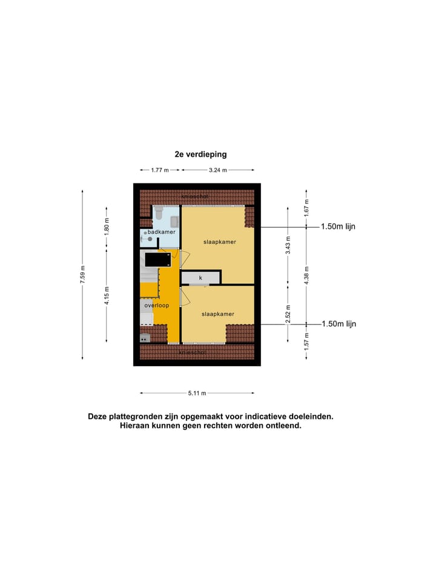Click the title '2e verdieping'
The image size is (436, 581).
(x=200, y=154)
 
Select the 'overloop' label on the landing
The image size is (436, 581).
(x=157, y=306)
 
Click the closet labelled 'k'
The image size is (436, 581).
(x=200, y=278)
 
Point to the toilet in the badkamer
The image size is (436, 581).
(x=159, y=213)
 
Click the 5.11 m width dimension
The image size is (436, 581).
(x=196, y=393)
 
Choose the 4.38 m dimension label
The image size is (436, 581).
(x=307, y=275)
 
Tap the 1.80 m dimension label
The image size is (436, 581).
(x=107, y=227)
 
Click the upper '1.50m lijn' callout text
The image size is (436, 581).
(x=339, y=226)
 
